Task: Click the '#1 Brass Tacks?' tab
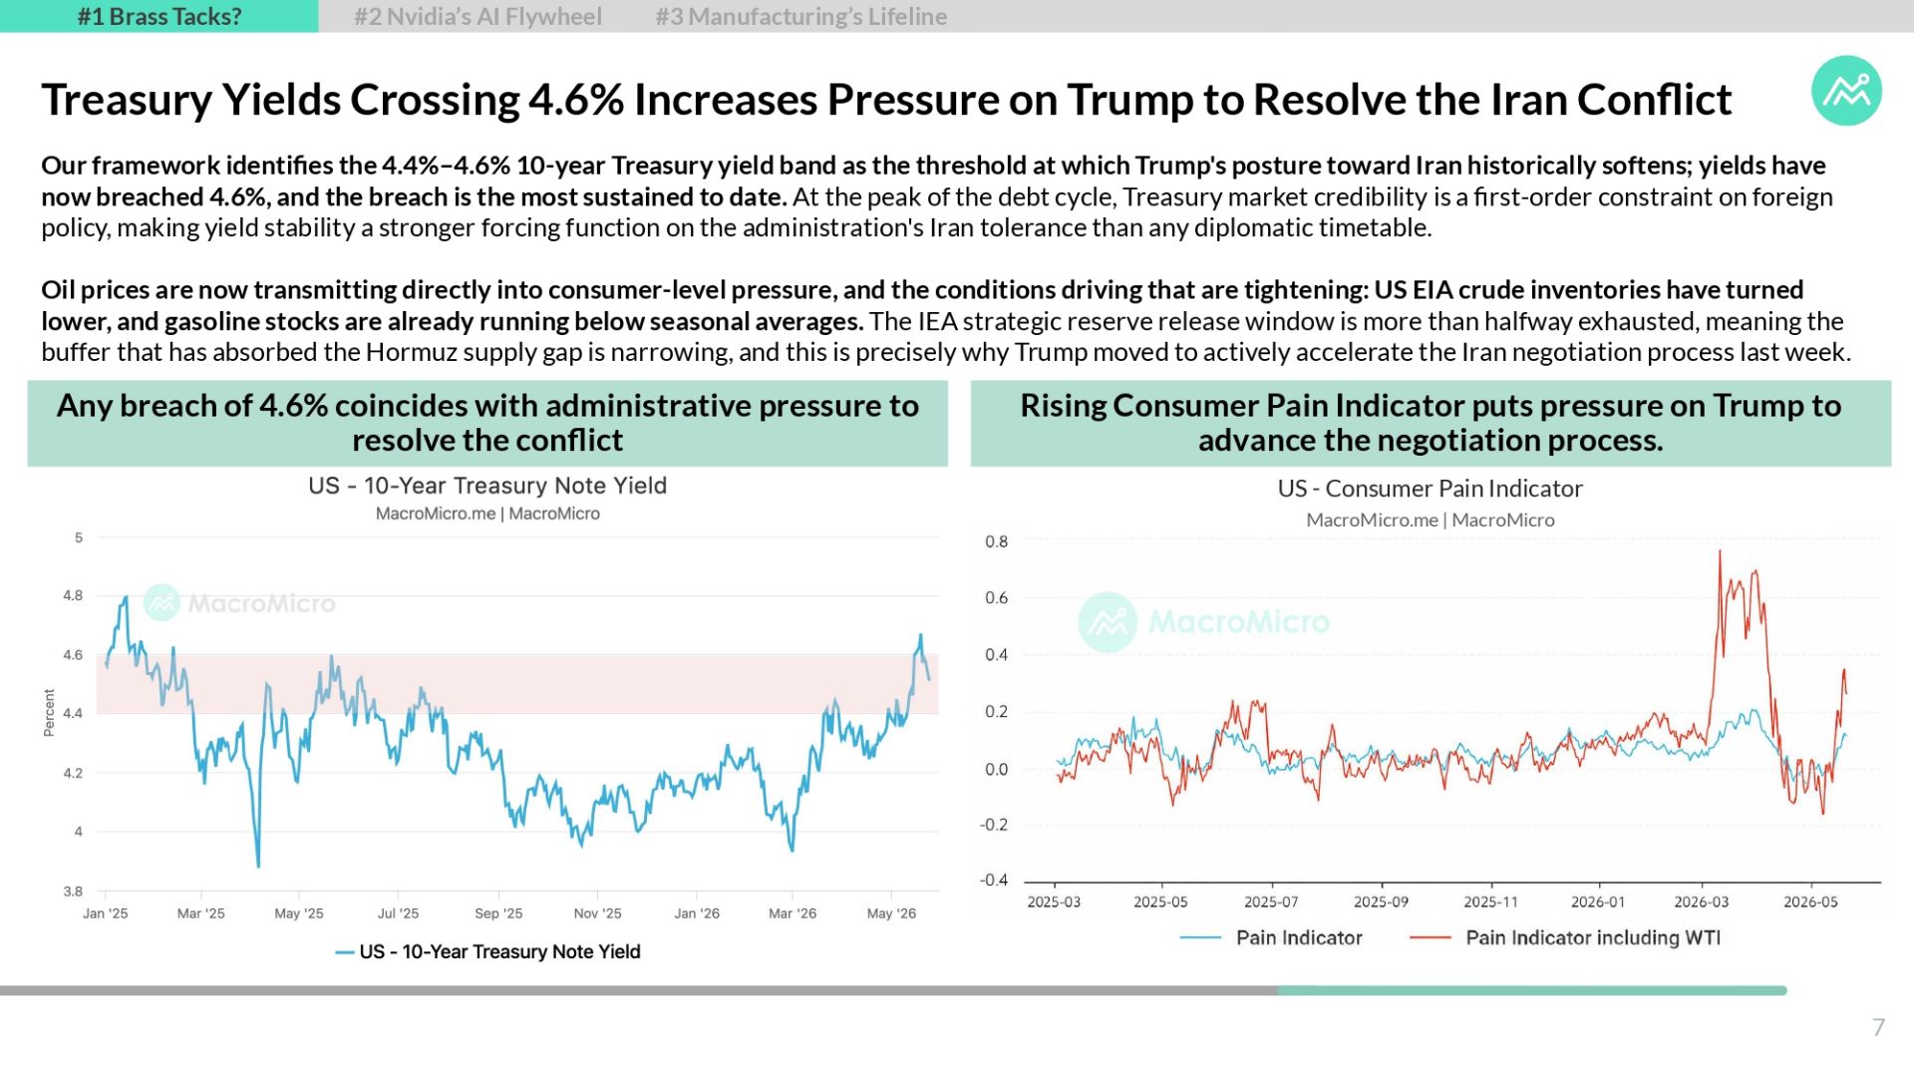click(x=159, y=16)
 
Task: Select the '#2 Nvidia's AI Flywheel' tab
click(x=478, y=17)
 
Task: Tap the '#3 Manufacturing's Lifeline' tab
click(x=801, y=17)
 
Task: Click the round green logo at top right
click(x=1846, y=91)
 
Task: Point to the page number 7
click(x=1878, y=1027)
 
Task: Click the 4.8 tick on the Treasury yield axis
click(x=73, y=595)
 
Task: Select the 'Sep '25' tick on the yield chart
click(x=498, y=913)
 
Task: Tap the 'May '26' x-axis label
click(x=891, y=913)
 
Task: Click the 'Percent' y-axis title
click(x=49, y=713)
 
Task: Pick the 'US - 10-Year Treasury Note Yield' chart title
click(x=487, y=486)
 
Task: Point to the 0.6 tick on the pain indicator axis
click(x=996, y=598)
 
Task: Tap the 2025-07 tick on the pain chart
click(x=1271, y=902)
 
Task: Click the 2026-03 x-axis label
click(x=1702, y=902)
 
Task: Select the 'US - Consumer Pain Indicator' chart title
click(x=1431, y=489)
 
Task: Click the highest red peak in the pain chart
click(x=1720, y=551)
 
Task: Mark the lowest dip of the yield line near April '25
click(x=258, y=866)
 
